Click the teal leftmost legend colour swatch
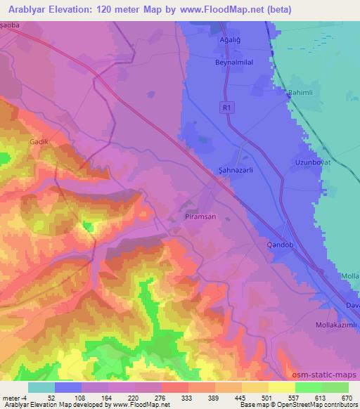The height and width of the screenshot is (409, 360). point(41,387)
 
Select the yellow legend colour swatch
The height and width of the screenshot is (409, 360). point(281,387)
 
